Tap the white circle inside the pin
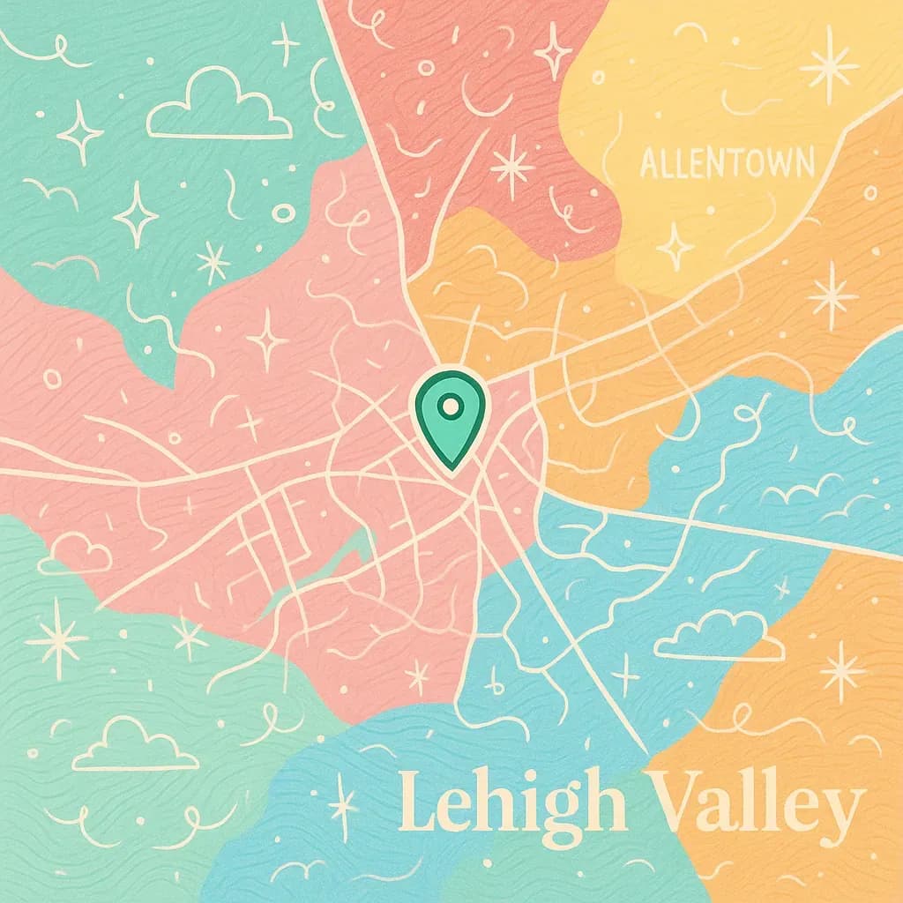[x=450, y=407]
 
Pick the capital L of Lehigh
[x=417, y=803]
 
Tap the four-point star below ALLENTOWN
[x=675, y=246]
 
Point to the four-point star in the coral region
[x=553, y=51]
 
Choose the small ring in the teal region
[x=283, y=213]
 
